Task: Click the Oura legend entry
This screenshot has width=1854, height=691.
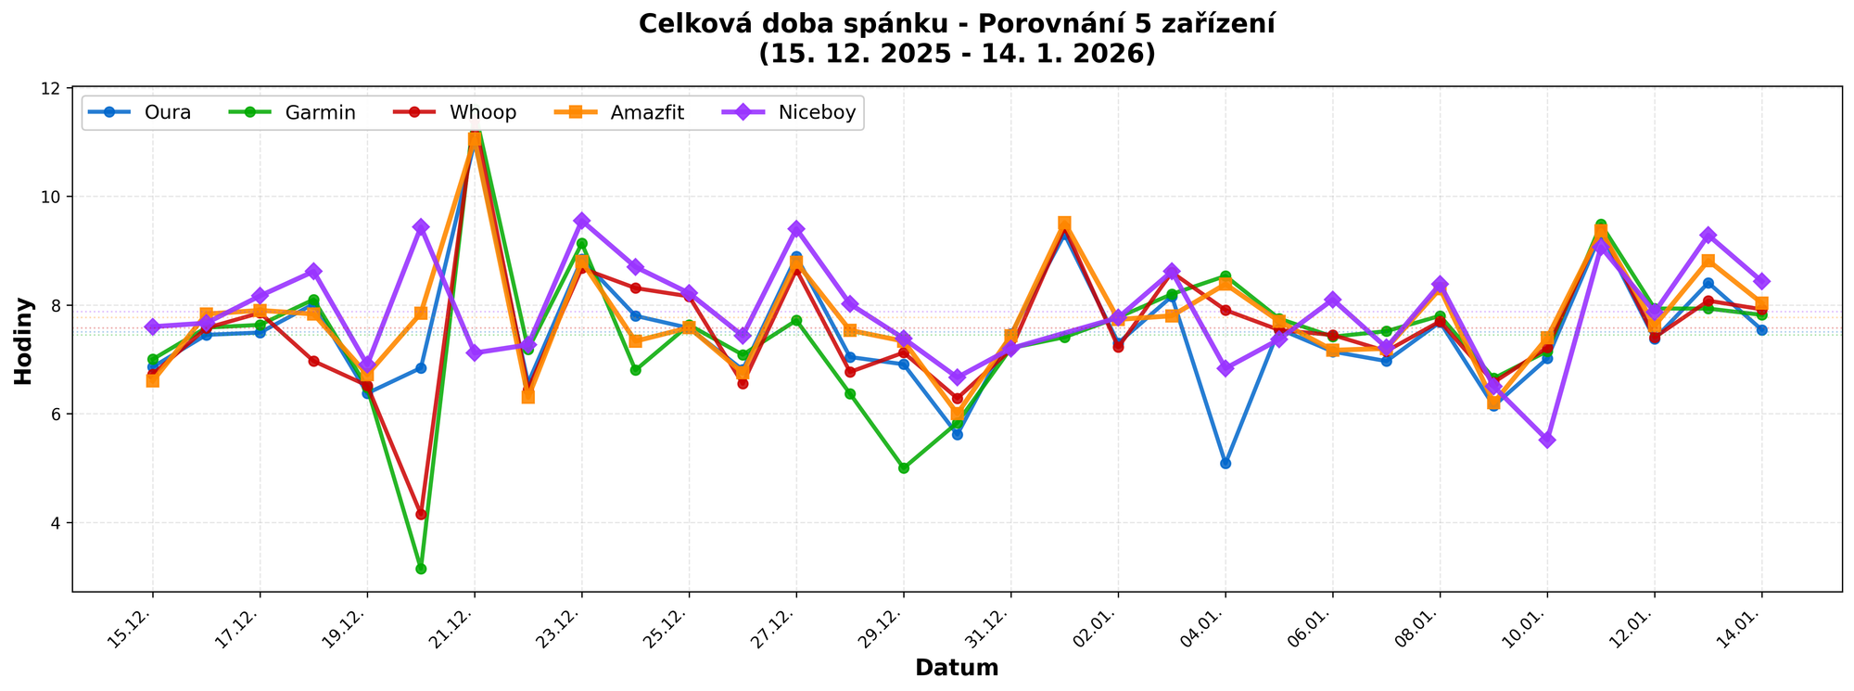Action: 167,113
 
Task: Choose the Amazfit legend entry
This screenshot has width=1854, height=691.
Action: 647,113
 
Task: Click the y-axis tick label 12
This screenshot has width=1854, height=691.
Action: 55,88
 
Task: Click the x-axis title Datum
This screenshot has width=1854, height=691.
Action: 957,668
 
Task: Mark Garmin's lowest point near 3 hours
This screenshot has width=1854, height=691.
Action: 421,569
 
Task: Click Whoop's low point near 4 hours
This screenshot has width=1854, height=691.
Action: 421,514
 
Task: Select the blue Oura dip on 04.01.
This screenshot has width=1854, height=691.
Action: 1225,463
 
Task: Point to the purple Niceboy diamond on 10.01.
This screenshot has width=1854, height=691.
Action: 1547,440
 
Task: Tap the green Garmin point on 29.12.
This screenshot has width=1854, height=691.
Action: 904,468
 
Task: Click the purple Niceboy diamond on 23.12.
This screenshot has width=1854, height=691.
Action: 582,221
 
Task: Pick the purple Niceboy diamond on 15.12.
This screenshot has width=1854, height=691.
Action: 153,326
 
